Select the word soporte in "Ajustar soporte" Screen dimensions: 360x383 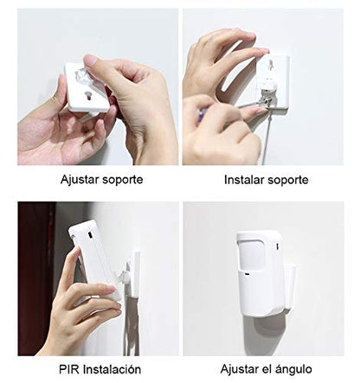[x=123, y=181]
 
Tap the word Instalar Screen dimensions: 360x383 [x=244, y=180]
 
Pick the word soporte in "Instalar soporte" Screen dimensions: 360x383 [x=288, y=181]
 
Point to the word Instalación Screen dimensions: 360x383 [x=112, y=369]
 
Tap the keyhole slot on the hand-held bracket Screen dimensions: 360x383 [x=87, y=96]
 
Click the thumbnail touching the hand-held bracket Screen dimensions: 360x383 [x=91, y=61]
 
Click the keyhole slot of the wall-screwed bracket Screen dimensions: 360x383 [x=270, y=64]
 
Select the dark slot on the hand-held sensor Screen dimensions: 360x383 [x=90, y=235]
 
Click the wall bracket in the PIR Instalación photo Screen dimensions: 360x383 [x=133, y=274]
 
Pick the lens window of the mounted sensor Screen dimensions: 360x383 [x=253, y=254]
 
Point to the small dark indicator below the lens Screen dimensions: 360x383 [x=247, y=274]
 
